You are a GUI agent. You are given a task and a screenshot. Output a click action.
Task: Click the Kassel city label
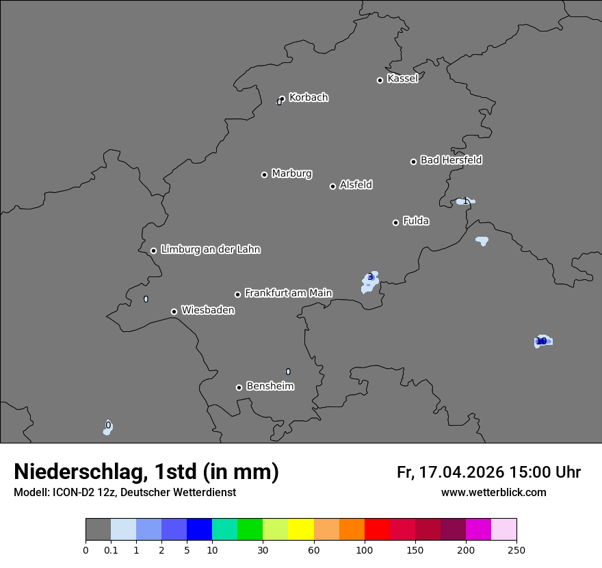(402, 79)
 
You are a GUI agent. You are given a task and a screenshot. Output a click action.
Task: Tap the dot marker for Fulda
(395, 222)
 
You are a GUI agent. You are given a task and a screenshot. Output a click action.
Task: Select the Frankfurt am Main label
(288, 293)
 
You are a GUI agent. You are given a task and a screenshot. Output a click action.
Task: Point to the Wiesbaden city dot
(174, 311)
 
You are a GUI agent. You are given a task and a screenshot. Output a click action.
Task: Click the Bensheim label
(270, 387)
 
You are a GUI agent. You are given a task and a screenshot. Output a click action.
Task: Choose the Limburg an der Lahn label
(210, 250)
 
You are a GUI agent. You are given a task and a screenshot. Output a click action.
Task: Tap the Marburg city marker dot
(264, 175)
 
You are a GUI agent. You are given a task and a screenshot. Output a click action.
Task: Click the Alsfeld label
(356, 185)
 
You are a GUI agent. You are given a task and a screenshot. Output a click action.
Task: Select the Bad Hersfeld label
(451, 160)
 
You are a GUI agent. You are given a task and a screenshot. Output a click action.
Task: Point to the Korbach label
(309, 98)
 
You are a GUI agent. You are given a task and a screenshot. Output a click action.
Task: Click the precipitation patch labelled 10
(542, 341)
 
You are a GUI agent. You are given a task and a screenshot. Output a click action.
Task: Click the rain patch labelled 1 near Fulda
(465, 201)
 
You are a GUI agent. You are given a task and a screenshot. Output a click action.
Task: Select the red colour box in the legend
(377, 530)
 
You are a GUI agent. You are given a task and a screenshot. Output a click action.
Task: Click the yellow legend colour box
(301, 530)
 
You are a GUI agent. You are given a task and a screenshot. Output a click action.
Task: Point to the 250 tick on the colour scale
(516, 550)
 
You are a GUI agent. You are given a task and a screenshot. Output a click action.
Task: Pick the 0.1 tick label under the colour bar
(111, 550)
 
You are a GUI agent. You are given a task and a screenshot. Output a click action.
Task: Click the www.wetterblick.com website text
(493, 493)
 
